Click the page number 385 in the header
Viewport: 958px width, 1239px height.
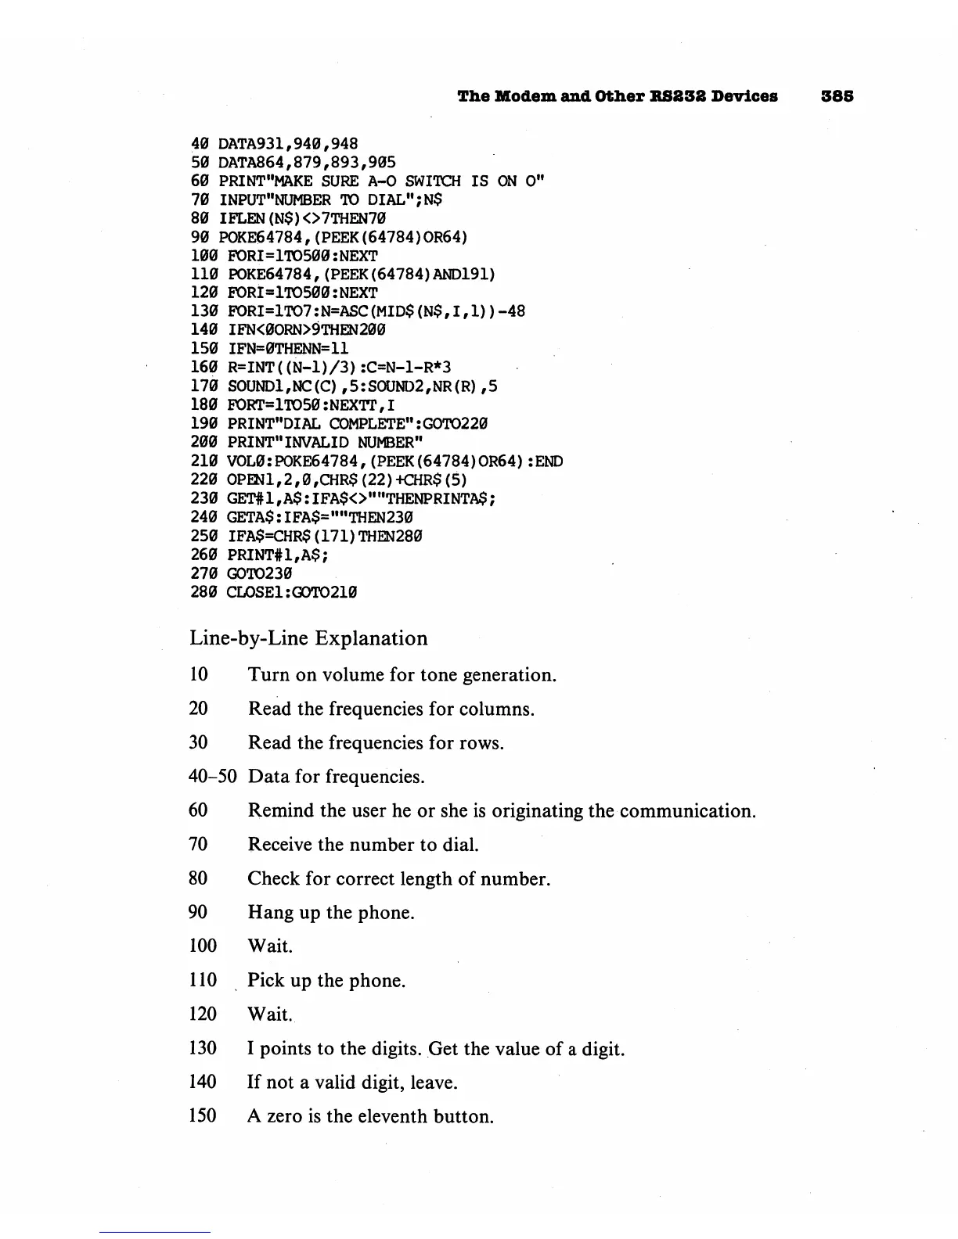837,96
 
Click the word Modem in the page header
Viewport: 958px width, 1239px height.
521,96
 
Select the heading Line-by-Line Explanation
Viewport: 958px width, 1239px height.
308,638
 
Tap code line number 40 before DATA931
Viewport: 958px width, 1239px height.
200,144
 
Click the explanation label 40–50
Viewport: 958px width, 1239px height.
213,777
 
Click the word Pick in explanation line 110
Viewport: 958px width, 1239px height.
265,981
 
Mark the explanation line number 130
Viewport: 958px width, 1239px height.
203,1048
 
